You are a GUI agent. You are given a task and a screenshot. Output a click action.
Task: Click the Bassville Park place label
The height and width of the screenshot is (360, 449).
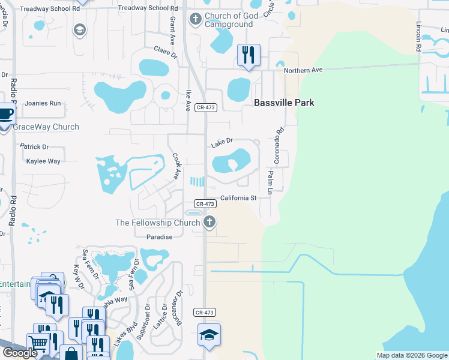[284, 103]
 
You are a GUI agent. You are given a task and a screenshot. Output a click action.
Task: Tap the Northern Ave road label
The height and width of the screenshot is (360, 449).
[303, 70]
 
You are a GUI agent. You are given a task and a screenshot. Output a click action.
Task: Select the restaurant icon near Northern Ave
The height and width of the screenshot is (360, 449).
[247, 55]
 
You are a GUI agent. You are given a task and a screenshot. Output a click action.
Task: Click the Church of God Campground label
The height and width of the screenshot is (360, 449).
[229, 20]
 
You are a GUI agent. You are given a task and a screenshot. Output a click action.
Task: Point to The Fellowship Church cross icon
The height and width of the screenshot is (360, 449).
[209, 223]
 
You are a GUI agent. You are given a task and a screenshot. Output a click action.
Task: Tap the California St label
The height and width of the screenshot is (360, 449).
[238, 198]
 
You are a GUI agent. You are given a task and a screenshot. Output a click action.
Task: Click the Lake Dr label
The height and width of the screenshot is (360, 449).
[221, 143]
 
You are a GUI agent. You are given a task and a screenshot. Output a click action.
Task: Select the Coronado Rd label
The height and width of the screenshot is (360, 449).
[278, 145]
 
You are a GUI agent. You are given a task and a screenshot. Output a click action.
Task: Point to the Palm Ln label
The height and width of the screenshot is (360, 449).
[270, 182]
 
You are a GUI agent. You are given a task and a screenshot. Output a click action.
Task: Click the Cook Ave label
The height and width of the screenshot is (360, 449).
[176, 166]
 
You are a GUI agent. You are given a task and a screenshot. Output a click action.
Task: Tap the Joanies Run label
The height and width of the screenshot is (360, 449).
[43, 103]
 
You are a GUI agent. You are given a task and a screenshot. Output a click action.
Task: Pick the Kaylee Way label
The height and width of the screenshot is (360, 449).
[43, 161]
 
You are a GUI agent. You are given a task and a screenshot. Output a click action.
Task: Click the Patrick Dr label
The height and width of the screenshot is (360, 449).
[34, 146]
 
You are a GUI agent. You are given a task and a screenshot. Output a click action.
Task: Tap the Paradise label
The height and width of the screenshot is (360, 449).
[160, 237]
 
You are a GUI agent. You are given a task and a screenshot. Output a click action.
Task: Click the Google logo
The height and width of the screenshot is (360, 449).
[19, 353]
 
